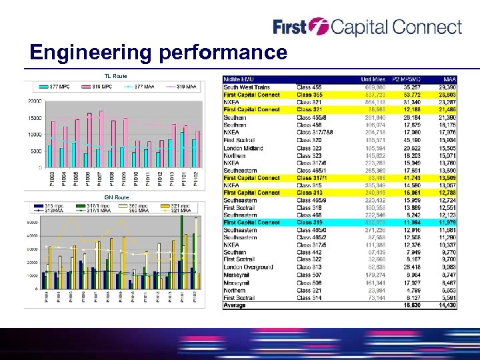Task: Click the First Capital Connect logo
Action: click(367, 27)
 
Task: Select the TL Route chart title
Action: click(115, 76)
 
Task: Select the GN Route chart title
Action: click(117, 197)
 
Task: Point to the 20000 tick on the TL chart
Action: click(33, 101)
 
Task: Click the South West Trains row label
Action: click(247, 87)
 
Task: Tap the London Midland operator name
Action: click(243, 148)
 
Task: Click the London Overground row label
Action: click(248, 267)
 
